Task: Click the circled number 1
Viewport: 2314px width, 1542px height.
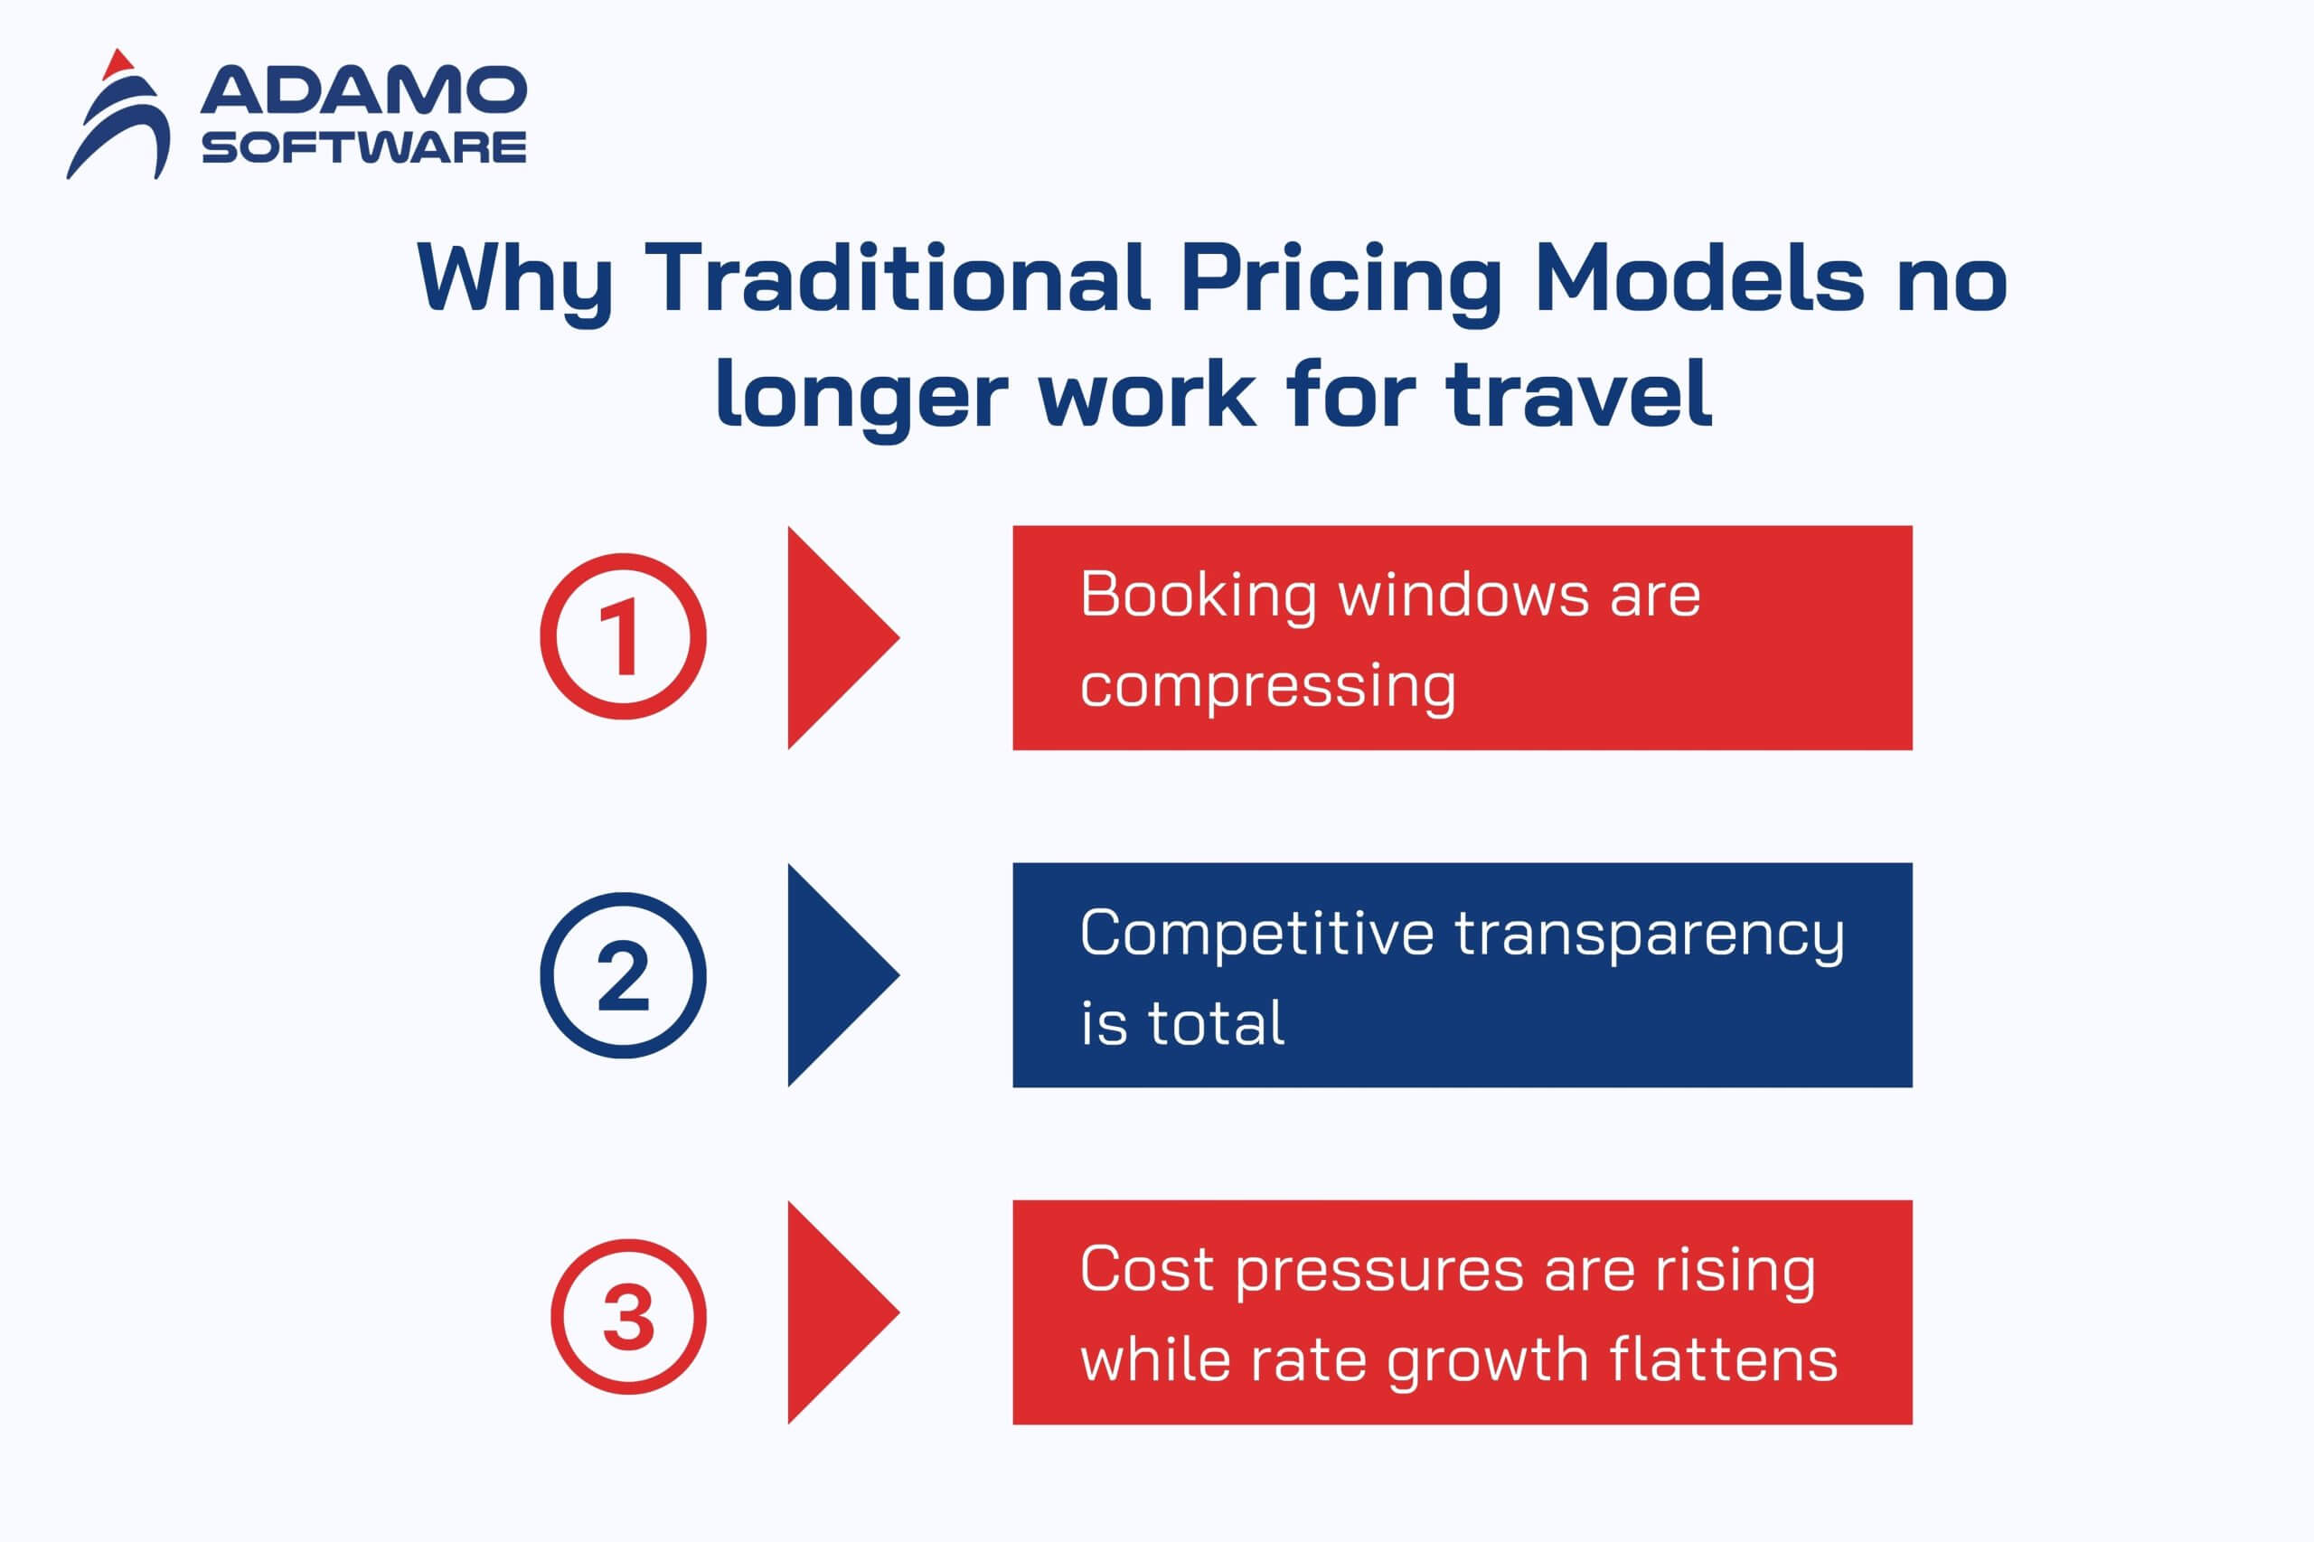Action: pyautogui.click(x=623, y=636)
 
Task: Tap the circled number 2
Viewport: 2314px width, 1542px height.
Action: pyautogui.click(x=623, y=975)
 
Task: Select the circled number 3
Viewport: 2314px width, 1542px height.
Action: pyautogui.click(x=627, y=1316)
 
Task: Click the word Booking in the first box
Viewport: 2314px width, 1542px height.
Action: pyautogui.click(x=1198, y=596)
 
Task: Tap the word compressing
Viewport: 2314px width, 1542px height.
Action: pyautogui.click(x=1267, y=685)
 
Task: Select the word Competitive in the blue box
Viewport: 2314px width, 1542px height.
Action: pyautogui.click(x=1256, y=934)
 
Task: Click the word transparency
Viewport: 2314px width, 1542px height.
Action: pyautogui.click(x=1650, y=936)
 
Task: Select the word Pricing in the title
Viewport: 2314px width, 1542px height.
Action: pyautogui.click(x=1342, y=280)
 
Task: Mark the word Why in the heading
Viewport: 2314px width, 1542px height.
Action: pyautogui.click(x=514, y=280)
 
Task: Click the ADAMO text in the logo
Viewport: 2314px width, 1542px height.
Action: pyautogui.click(x=364, y=90)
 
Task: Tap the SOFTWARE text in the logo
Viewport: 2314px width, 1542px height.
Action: pyautogui.click(x=364, y=147)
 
